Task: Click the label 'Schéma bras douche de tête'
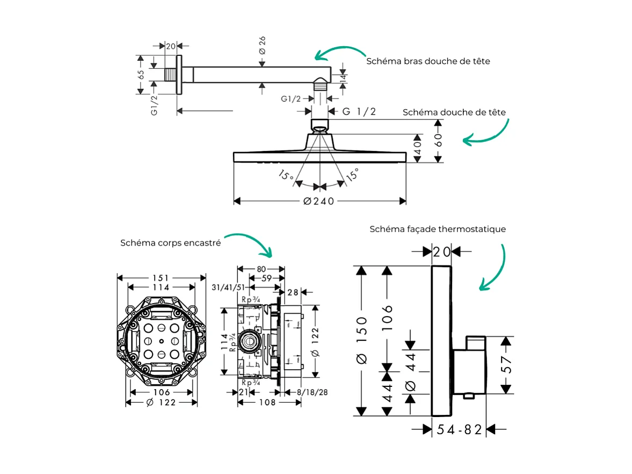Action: click(x=428, y=61)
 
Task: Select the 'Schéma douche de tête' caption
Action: click(x=454, y=112)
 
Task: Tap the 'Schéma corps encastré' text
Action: click(x=170, y=243)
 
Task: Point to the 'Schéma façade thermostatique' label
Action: click(x=438, y=229)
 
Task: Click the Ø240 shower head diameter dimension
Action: click(x=318, y=201)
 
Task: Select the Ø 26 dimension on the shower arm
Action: click(x=262, y=45)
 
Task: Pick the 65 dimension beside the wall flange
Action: click(x=141, y=75)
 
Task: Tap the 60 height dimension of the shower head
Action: click(x=438, y=141)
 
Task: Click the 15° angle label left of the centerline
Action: click(x=286, y=176)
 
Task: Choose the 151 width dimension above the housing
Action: click(x=161, y=278)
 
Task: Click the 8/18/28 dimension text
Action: click(x=312, y=392)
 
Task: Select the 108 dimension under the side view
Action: click(x=267, y=402)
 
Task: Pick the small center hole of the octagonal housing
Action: click(x=161, y=341)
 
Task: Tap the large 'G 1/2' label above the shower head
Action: click(x=360, y=111)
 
